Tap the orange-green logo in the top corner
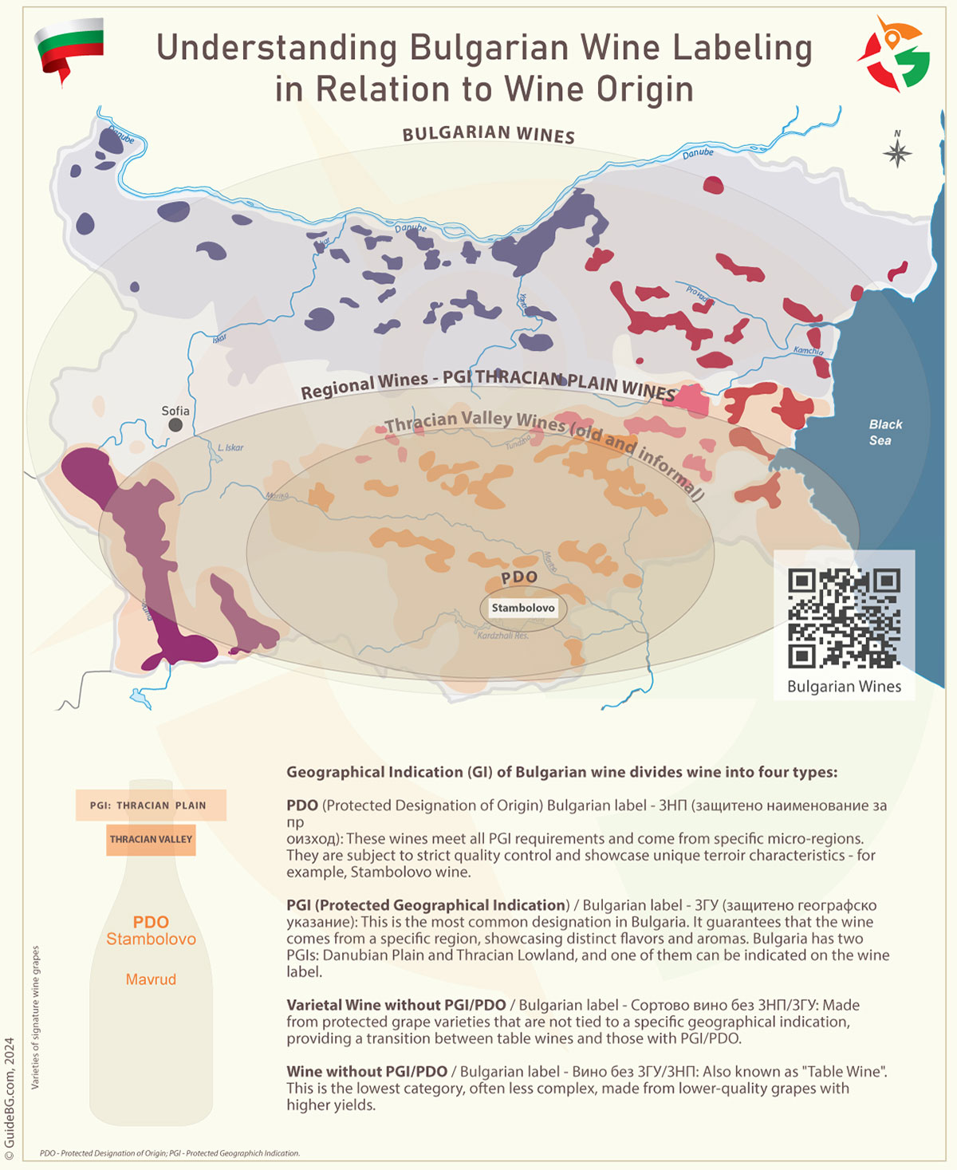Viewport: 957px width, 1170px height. click(x=894, y=54)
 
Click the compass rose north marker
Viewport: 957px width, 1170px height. click(x=897, y=152)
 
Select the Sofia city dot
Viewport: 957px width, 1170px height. click(x=175, y=425)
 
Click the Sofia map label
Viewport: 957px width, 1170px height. click(x=175, y=411)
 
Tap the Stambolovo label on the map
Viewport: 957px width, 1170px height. click(x=522, y=608)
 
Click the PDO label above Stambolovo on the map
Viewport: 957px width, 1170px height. click(x=519, y=577)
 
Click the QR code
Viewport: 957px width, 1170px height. click(x=844, y=618)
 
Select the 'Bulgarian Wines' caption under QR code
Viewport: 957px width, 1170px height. click(x=844, y=686)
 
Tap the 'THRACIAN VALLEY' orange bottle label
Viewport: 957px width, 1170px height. click(x=151, y=839)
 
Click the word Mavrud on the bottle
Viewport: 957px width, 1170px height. click(x=151, y=979)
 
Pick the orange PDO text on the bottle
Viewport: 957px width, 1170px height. click(x=151, y=922)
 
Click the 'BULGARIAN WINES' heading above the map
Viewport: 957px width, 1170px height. click(x=488, y=134)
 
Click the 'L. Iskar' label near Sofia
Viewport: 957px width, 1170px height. click(x=230, y=447)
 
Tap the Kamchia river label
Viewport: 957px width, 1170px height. click(x=808, y=350)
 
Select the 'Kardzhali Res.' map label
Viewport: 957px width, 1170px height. click(x=502, y=635)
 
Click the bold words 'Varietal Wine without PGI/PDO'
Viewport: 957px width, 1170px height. click(x=396, y=1005)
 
